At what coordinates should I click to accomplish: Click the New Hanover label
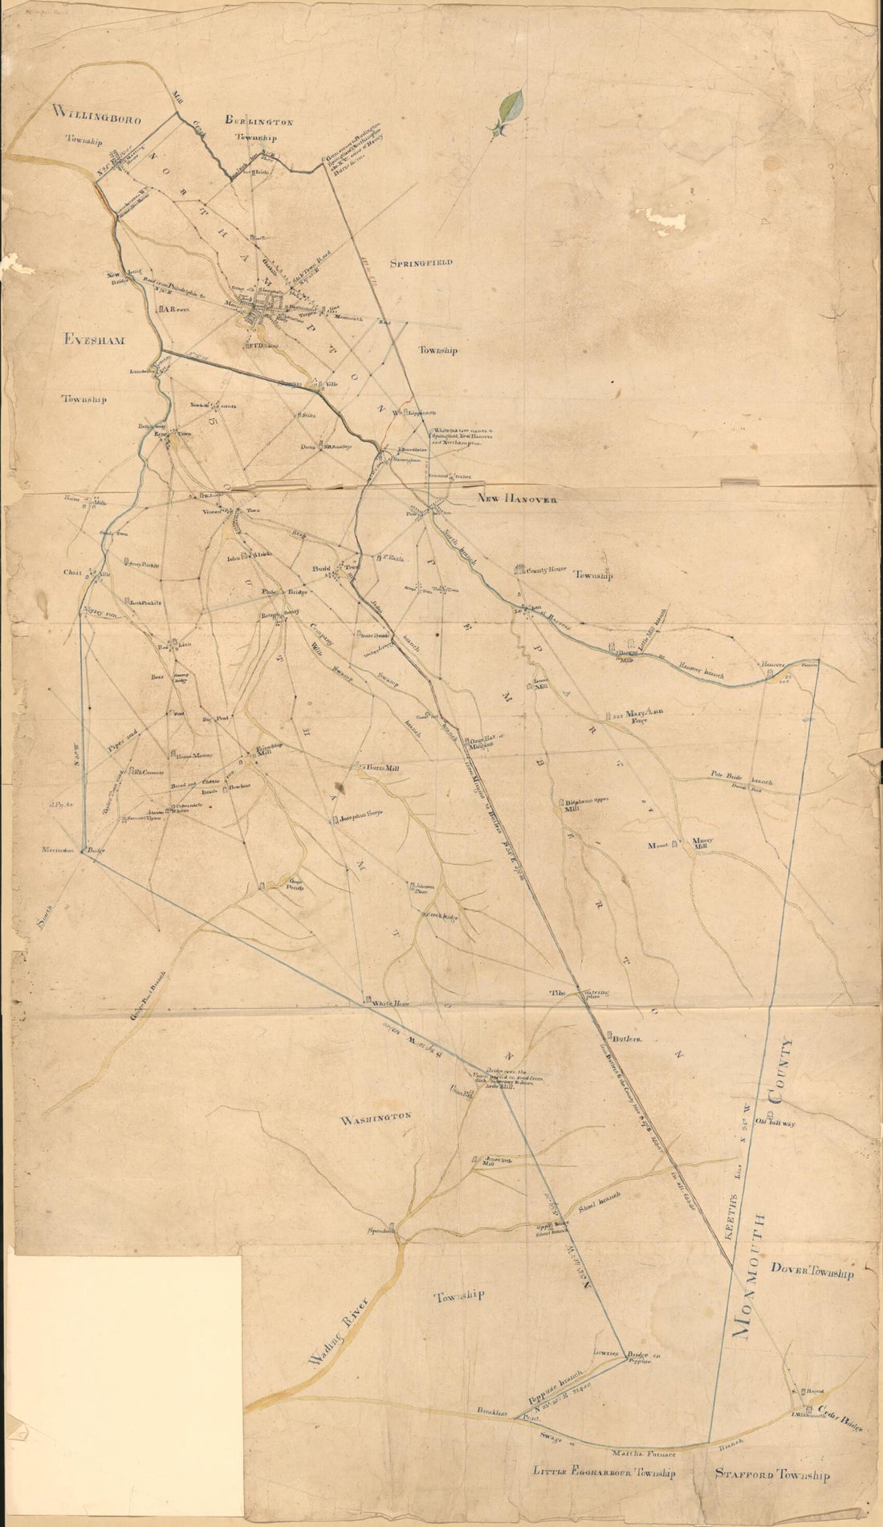click(x=517, y=498)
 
